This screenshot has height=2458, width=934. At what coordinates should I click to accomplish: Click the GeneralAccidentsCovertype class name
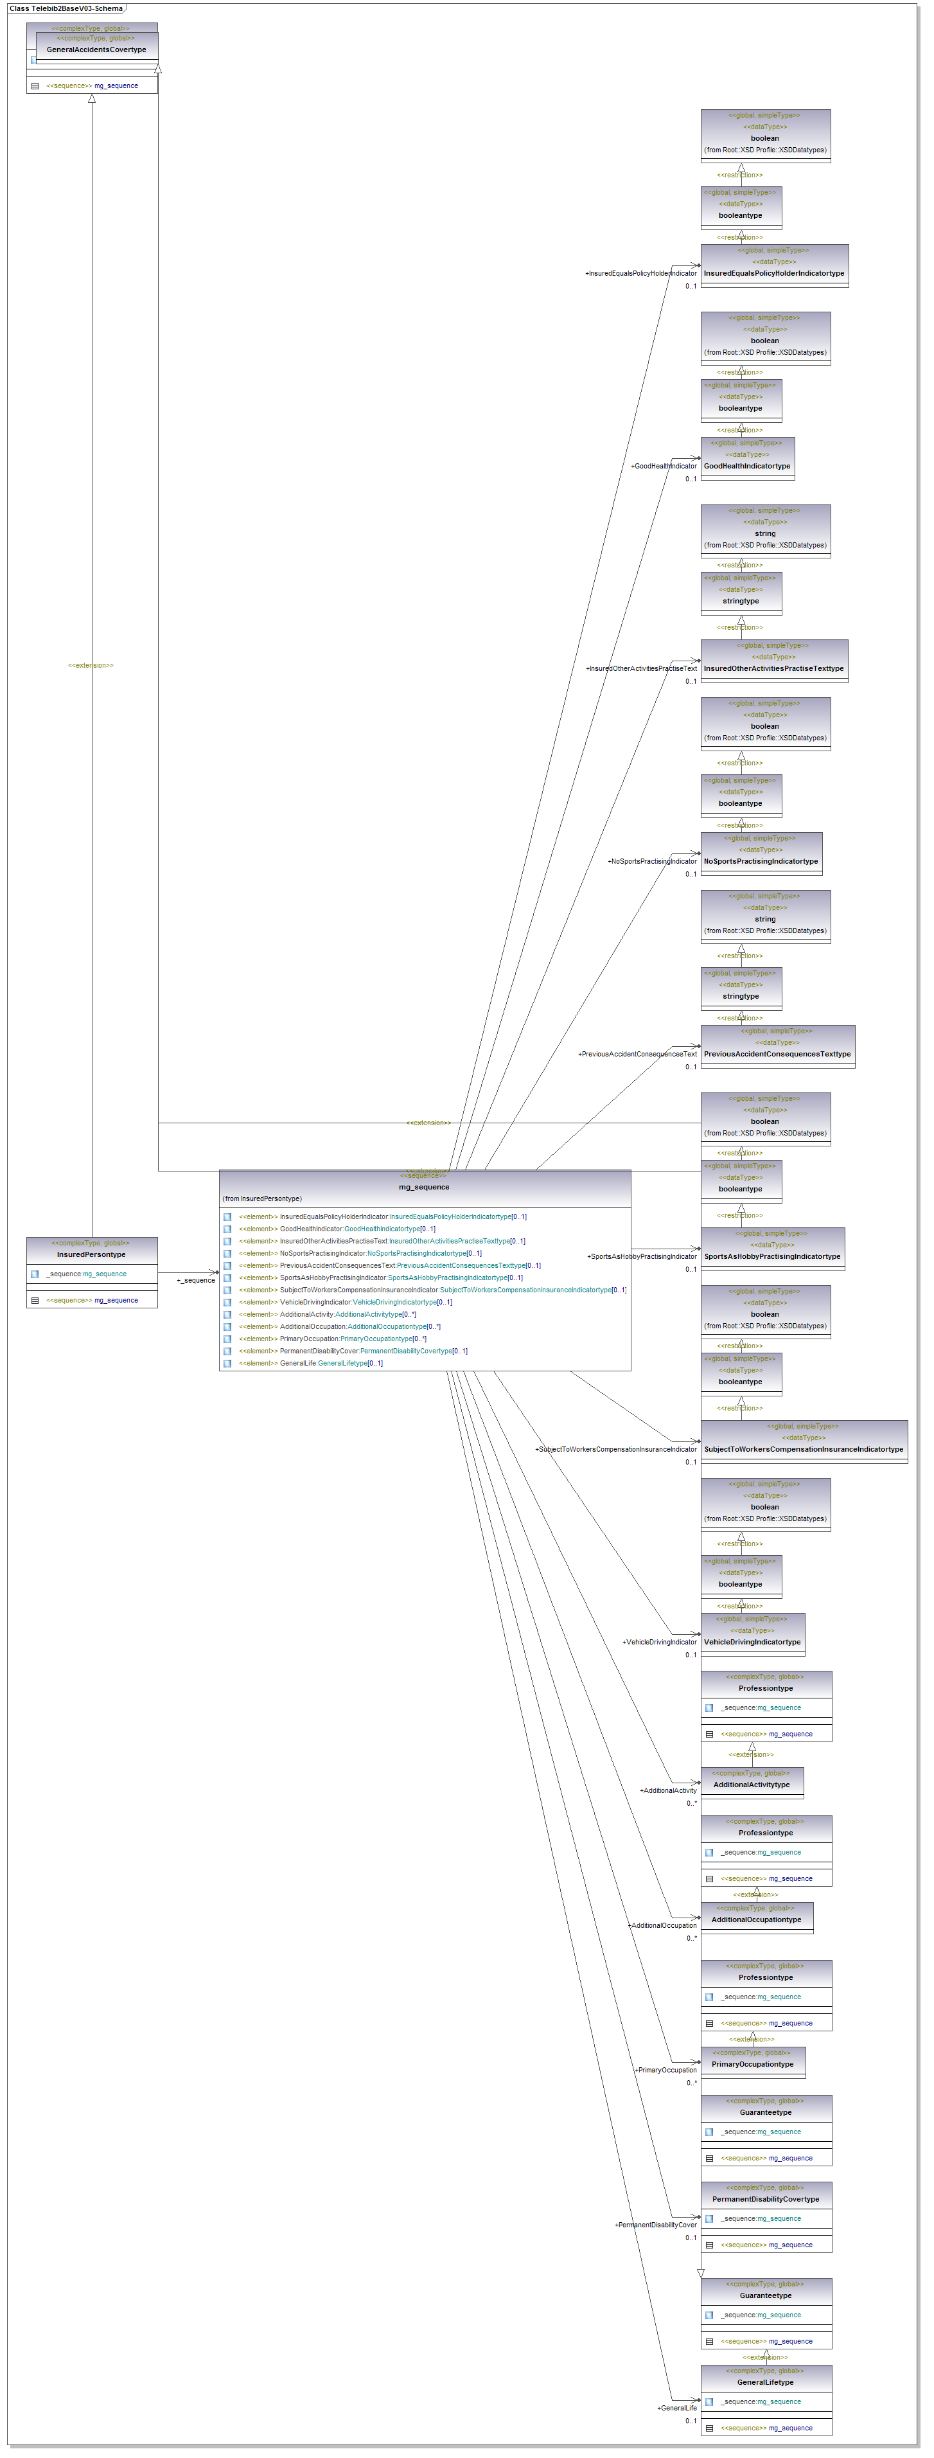tap(96, 49)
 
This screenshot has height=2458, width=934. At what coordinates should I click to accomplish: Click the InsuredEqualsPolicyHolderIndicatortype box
tap(773, 273)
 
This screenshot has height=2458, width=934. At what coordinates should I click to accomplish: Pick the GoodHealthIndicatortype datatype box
tap(747, 466)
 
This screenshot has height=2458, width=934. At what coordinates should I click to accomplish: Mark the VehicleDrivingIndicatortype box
tap(752, 1641)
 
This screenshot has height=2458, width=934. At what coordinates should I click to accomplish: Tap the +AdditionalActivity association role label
tap(668, 1790)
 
